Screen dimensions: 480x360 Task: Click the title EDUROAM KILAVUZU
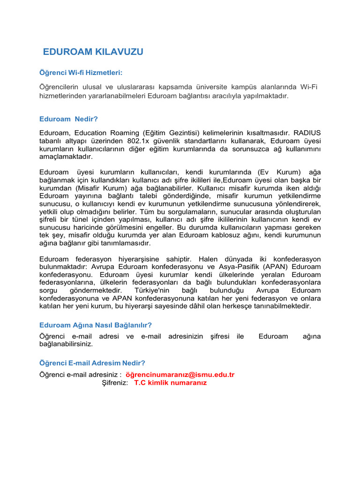93,52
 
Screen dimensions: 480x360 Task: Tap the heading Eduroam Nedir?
68,119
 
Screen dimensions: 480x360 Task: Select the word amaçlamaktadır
66,157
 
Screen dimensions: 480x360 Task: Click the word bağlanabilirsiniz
66,344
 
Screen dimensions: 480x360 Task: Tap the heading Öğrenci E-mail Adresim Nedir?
92,363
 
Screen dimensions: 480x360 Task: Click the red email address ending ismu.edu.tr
180,375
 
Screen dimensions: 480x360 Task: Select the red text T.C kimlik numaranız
170,382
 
